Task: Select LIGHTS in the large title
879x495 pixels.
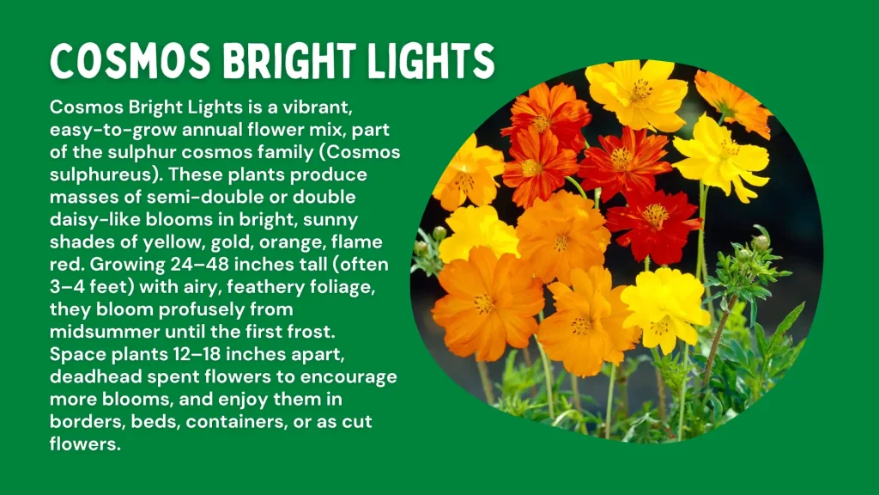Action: tap(435, 62)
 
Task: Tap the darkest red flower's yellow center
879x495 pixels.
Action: tap(655, 215)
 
